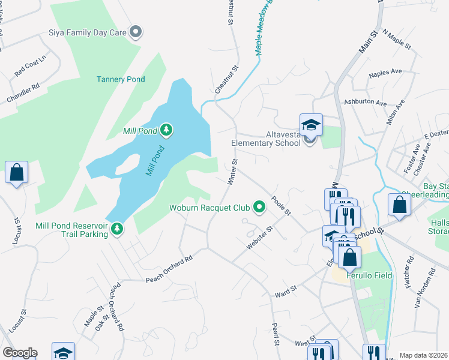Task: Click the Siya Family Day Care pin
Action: tap(136, 32)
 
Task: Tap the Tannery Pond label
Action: tap(121, 79)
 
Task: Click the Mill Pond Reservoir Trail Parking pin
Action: tap(117, 228)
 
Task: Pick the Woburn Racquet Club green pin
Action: tap(259, 208)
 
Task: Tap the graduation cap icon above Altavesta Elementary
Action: tap(311, 125)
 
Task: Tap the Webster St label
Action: tap(259, 238)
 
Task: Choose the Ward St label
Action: tap(286, 292)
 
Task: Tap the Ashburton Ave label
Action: tap(365, 103)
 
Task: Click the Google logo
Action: tap(20, 353)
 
